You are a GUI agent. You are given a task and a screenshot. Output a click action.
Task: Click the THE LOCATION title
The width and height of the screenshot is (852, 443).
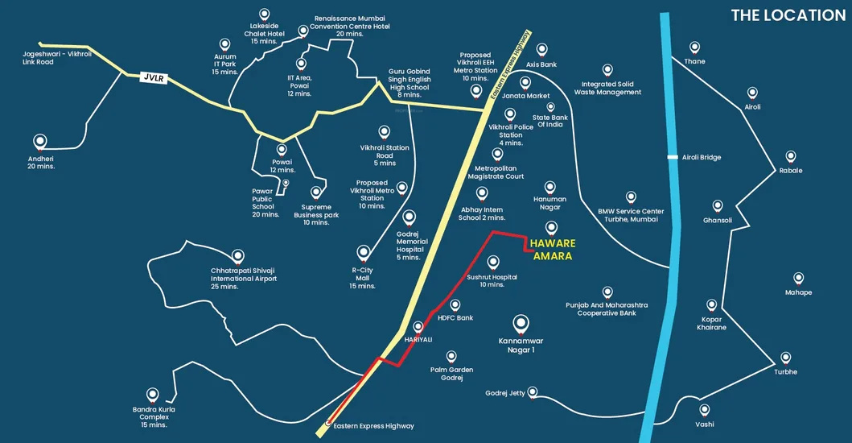pyautogui.click(x=788, y=15)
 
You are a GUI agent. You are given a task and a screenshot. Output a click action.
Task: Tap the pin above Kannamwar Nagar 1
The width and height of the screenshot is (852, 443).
pyautogui.click(x=521, y=324)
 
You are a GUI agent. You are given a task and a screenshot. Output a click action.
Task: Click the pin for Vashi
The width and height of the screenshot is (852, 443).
pyautogui.click(x=705, y=410)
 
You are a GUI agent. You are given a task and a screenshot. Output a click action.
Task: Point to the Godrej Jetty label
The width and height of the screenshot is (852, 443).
pyautogui.click(x=505, y=393)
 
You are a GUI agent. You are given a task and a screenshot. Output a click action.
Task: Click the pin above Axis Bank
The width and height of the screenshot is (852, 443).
pyautogui.click(x=541, y=50)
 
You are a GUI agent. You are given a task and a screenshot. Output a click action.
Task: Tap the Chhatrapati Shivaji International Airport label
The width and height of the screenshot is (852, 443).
pyautogui.click(x=244, y=279)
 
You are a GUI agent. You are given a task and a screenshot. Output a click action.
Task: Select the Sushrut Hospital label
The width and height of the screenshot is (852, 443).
pyautogui.click(x=492, y=280)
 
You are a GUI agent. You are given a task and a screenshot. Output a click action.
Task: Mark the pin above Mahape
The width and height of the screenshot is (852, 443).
pyautogui.click(x=798, y=278)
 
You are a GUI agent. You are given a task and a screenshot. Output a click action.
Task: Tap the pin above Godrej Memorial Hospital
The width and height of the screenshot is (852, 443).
pyautogui.click(x=410, y=217)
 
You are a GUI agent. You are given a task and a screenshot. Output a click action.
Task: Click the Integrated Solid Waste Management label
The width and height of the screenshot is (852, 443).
pyautogui.click(x=608, y=88)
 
